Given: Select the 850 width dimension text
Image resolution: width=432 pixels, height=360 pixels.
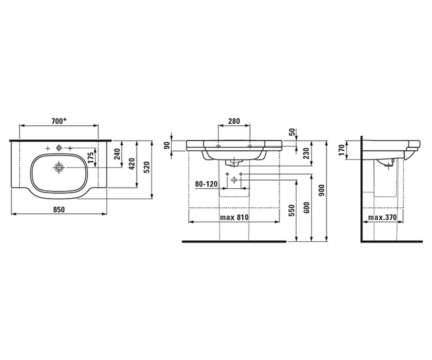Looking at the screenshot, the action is (59, 210).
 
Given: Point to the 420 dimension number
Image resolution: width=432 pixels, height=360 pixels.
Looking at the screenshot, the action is (132, 164).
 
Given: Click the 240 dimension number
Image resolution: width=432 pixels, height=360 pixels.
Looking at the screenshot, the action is (117, 154).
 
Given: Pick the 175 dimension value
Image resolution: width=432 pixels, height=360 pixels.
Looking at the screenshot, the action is (90, 158).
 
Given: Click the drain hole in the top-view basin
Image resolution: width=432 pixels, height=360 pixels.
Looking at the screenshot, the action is (59, 167).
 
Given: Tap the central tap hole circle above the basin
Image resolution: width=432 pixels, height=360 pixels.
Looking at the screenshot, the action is (59, 148).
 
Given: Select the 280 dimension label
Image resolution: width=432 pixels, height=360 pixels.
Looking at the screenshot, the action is (234, 121).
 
